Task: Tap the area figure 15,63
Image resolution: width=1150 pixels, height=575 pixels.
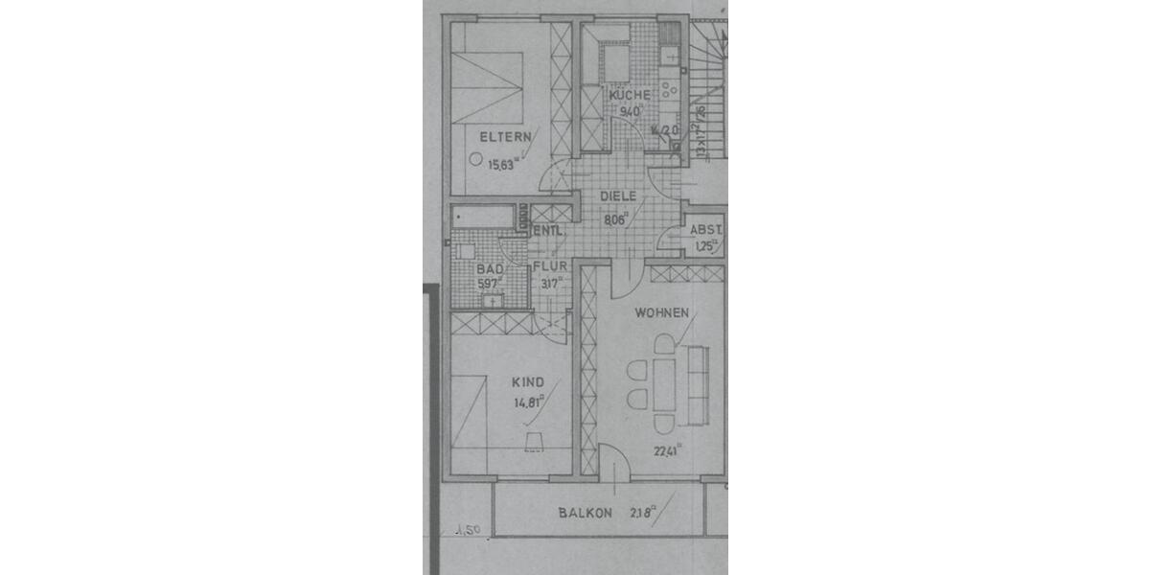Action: click(x=504, y=164)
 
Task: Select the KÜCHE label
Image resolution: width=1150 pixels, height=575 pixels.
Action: click(x=629, y=95)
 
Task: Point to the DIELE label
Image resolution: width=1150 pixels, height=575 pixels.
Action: click(x=618, y=195)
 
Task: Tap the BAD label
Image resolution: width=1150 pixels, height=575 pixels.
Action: click(x=489, y=269)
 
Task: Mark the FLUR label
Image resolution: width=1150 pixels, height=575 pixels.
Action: click(x=551, y=267)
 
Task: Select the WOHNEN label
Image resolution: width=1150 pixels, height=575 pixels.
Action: click(x=662, y=312)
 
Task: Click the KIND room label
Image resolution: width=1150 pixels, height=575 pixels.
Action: click(x=527, y=381)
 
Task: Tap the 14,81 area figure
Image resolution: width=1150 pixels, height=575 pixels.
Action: click(x=528, y=402)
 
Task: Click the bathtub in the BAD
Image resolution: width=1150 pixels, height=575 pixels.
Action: click(x=484, y=218)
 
